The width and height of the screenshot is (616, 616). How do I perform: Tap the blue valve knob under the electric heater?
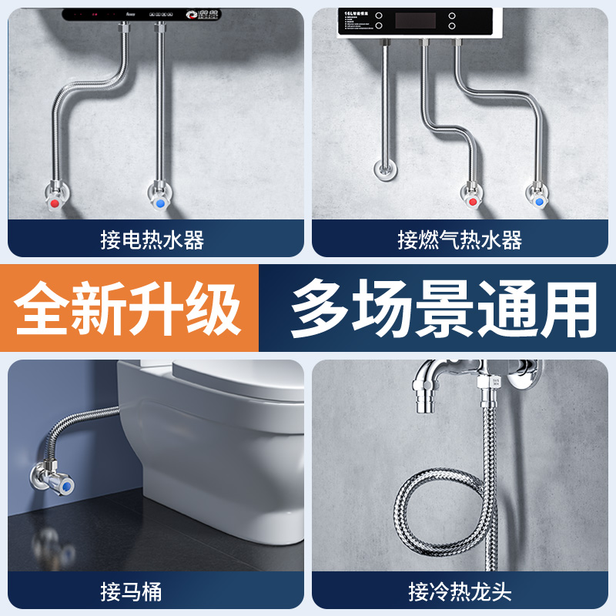160,205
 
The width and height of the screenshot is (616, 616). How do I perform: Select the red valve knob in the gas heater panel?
472,203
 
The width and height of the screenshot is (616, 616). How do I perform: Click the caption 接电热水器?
152,240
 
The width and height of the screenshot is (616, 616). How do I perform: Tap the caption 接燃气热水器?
460,240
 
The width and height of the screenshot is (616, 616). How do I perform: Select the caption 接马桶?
131,591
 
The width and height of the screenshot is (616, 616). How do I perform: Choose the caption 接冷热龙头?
460,591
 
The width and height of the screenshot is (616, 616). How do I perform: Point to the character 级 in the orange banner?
214,308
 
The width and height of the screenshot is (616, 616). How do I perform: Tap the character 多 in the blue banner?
320,308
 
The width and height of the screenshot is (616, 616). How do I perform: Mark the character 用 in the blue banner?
568,308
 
